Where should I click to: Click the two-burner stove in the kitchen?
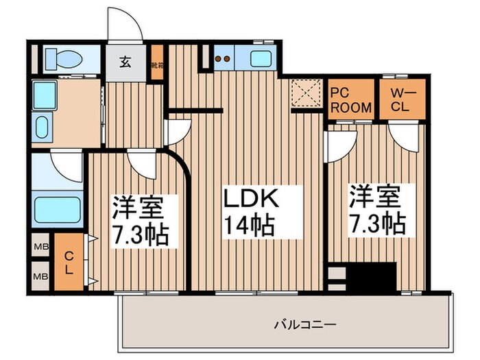[x=222, y=58]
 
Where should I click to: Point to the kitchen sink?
[x=261, y=58]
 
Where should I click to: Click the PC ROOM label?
[x=352, y=100]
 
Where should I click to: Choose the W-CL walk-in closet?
[x=402, y=100]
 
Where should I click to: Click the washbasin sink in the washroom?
[x=42, y=128]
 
